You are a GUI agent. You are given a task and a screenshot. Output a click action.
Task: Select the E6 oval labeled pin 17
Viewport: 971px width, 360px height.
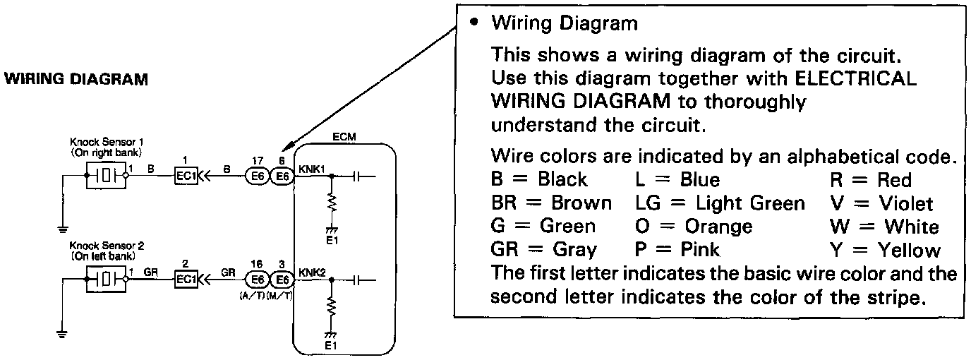[x=256, y=176]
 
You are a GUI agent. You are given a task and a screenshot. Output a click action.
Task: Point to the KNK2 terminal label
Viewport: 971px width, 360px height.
[x=310, y=272]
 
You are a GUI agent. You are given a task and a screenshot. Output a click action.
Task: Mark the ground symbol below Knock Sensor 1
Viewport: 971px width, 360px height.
[x=62, y=229]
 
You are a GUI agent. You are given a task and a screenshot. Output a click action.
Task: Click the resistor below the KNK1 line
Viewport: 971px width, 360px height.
[x=330, y=203]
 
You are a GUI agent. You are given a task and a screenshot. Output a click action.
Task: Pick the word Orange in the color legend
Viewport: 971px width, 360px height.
[x=718, y=227]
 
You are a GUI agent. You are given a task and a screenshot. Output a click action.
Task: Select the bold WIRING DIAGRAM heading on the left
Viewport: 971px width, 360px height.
[x=77, y=79]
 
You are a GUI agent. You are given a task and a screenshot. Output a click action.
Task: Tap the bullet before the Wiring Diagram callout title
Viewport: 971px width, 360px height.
[x=475, y=23]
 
